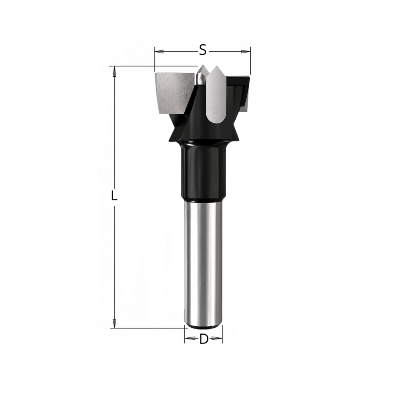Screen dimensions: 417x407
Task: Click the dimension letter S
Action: (203, 50)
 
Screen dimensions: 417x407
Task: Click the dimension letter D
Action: (203, 339)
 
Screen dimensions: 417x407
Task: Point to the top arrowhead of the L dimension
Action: (115, 71)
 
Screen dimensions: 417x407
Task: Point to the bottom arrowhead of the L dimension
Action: (115, 323)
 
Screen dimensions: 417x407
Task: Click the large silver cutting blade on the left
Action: (174, 93)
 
